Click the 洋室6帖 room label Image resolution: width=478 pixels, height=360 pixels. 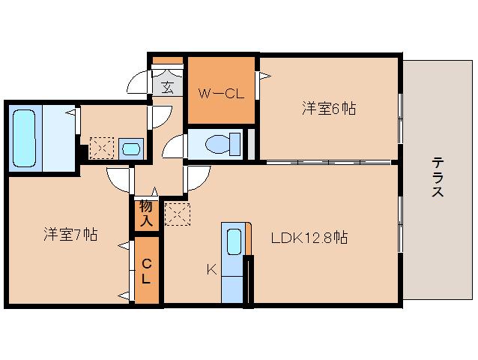330,109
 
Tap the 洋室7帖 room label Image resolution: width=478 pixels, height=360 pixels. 69,235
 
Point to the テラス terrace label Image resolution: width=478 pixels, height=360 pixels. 438,178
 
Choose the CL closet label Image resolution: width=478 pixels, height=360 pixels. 147,271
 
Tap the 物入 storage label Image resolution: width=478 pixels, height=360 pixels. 146,214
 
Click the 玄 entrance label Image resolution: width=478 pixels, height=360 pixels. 168,87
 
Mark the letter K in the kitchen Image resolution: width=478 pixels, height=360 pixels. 212,267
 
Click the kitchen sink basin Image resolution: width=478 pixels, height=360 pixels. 233,242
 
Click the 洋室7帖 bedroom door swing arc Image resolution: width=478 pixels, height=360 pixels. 118,178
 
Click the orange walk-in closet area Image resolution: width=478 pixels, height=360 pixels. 221,109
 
